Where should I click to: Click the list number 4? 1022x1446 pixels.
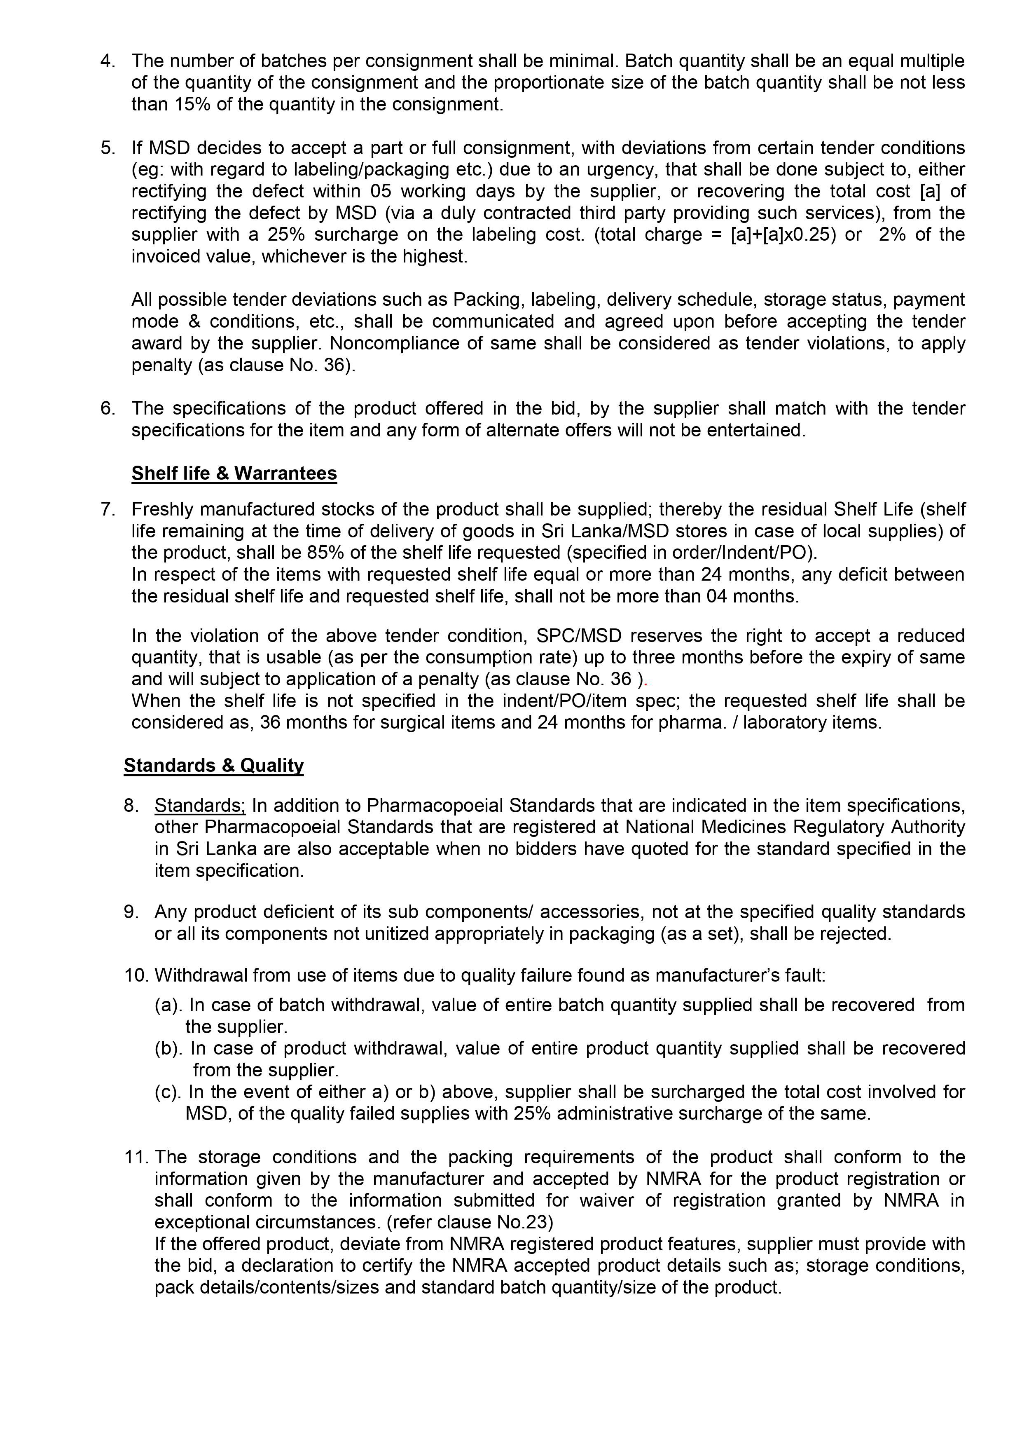108,61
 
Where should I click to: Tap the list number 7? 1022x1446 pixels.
108,509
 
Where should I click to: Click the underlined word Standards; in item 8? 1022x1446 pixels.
200,806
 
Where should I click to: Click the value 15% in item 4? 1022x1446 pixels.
192,105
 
